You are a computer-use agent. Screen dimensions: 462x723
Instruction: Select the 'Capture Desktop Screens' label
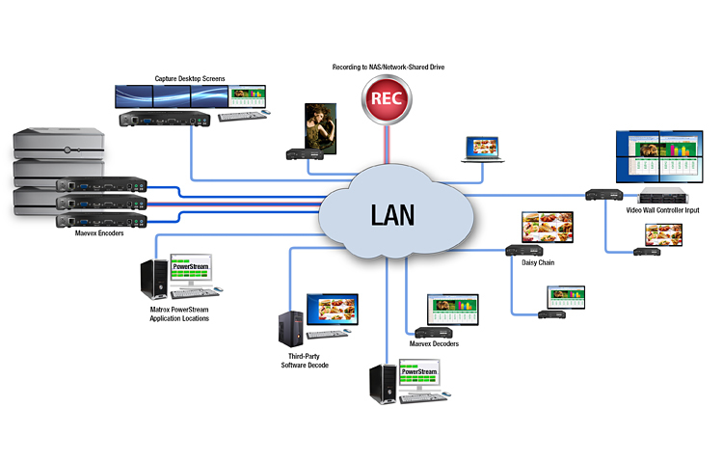tap(190, 78)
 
